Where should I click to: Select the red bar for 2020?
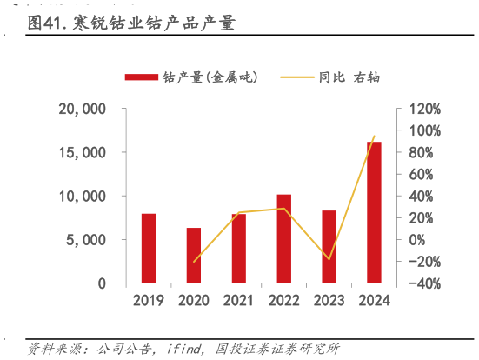pyautogui.click(x=194, y=255)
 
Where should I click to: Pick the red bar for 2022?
pyautogui.click(x=284, y=238)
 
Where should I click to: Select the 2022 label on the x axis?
pyautogui.click(x=284, y=301)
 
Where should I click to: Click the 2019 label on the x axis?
pyautogui.click(x=149, y=301)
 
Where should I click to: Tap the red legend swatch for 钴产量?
pyautogui.click(x=141, y=77)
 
